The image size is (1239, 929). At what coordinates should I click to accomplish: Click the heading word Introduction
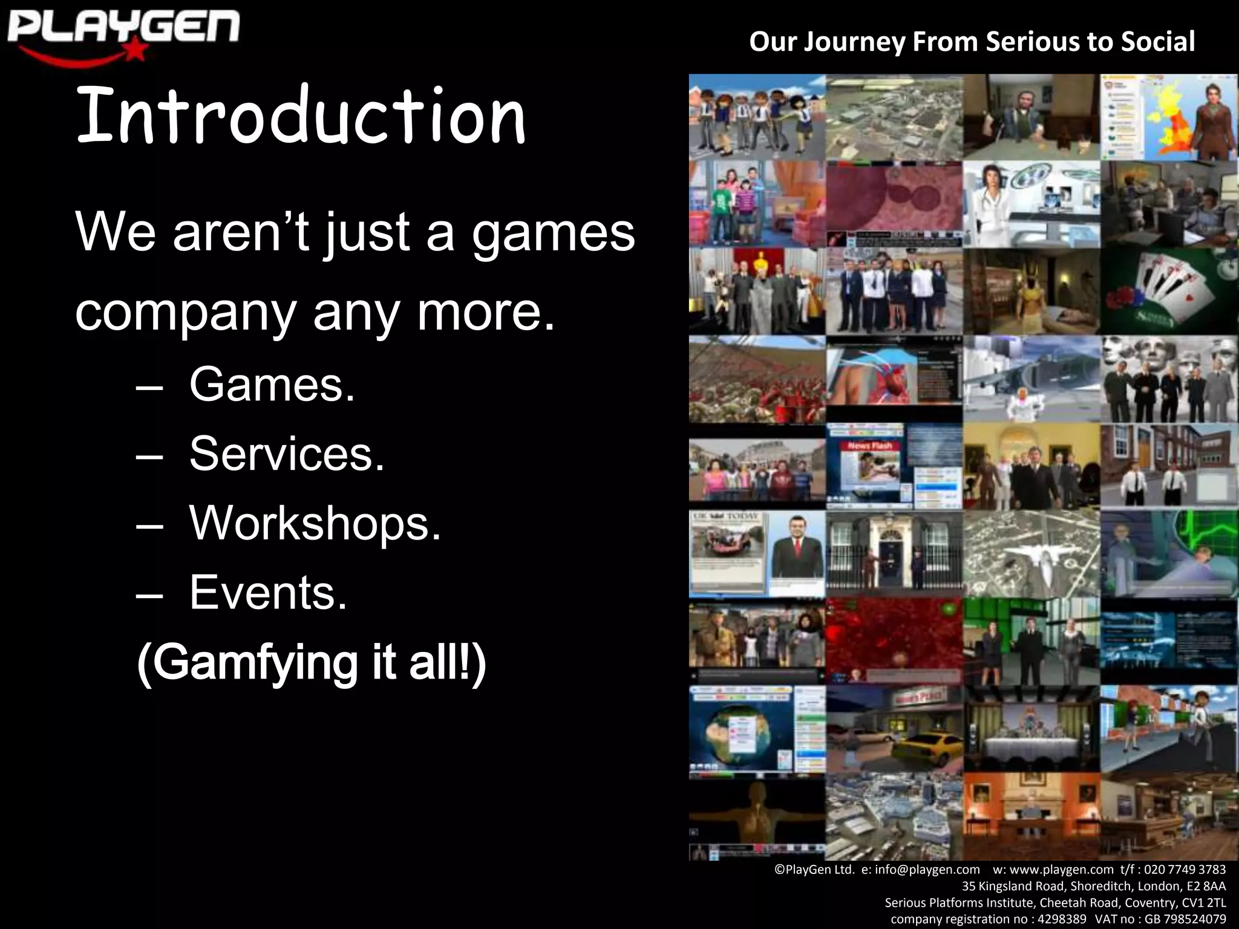point(301,116)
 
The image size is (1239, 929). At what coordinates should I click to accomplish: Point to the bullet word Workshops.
point(315,523)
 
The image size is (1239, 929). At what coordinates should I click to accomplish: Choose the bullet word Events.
point(268,592)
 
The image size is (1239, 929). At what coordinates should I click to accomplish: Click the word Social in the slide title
point(1158,42)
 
